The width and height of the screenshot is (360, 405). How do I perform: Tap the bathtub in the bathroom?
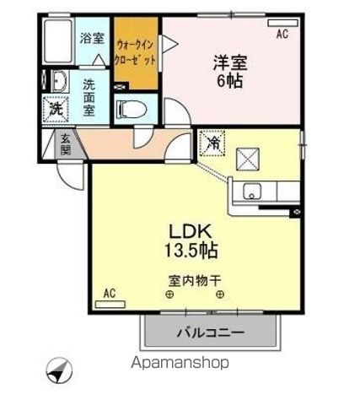coord(58,40)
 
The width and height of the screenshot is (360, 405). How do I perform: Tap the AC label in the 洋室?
coord(282,34)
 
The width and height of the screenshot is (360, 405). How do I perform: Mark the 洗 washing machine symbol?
coord(56,109)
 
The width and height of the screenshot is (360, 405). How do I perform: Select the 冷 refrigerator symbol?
coord(212,143)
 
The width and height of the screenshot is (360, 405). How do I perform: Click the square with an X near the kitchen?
coord(250,159)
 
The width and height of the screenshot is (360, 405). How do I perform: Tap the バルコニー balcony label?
coord(210,332)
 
